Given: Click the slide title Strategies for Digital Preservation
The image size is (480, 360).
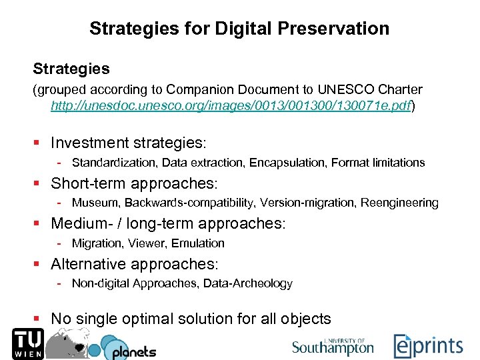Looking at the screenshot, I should click(x=239, y=29).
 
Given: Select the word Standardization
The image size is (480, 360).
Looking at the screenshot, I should click(x=108, y=163).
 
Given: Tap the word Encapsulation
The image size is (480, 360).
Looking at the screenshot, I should click(x=293, y=163).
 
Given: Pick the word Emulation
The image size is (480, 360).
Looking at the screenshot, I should click(x=198, y=243).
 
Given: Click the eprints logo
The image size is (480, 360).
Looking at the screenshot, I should click(x=427, y=346).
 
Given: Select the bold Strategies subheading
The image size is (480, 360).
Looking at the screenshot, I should click(x=71, y=69).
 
